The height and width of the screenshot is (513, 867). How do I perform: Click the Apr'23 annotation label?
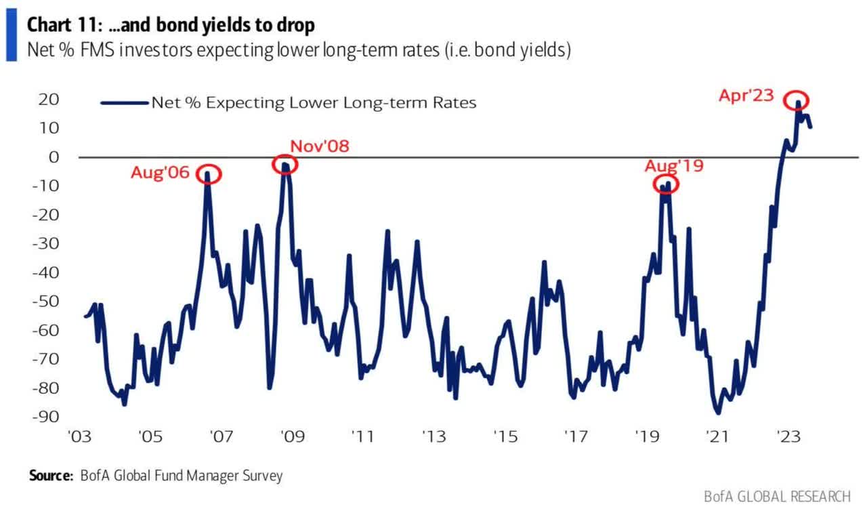point(746,96)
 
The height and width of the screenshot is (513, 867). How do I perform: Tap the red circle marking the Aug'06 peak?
point(208,174)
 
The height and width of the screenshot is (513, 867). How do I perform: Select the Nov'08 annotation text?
point(319,146)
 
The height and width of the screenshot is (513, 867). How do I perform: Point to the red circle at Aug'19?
point(667,184)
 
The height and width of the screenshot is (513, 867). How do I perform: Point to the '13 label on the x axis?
point(433,434)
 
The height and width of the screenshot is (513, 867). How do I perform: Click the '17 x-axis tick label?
point(575,434)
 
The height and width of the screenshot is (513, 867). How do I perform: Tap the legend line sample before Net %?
point(124,103)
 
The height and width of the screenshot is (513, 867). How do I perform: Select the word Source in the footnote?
point(49,476)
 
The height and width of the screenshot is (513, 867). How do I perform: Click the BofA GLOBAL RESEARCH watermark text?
point(776,497)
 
